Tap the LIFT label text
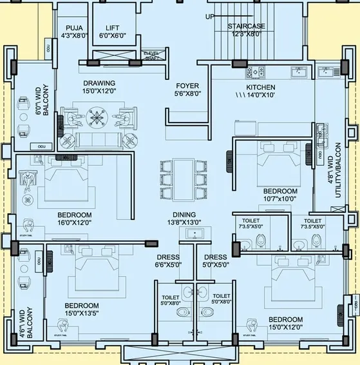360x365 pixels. coord(113,27)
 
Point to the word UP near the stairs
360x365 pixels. coord(210,17)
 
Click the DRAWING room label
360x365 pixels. coord(99,83)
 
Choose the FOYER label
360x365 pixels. coord(187,86)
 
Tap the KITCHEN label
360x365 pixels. coord(261,87)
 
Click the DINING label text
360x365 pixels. coord(184,214)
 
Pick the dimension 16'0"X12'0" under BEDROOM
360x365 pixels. coord(74,223)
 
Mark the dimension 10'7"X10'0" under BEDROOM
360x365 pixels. coord(280,200)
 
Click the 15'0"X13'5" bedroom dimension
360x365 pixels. coord(81,314)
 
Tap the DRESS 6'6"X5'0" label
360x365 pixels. coord(169,261)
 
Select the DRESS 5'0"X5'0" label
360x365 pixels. coord(215,261)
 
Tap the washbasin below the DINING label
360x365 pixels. coord(193,232)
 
